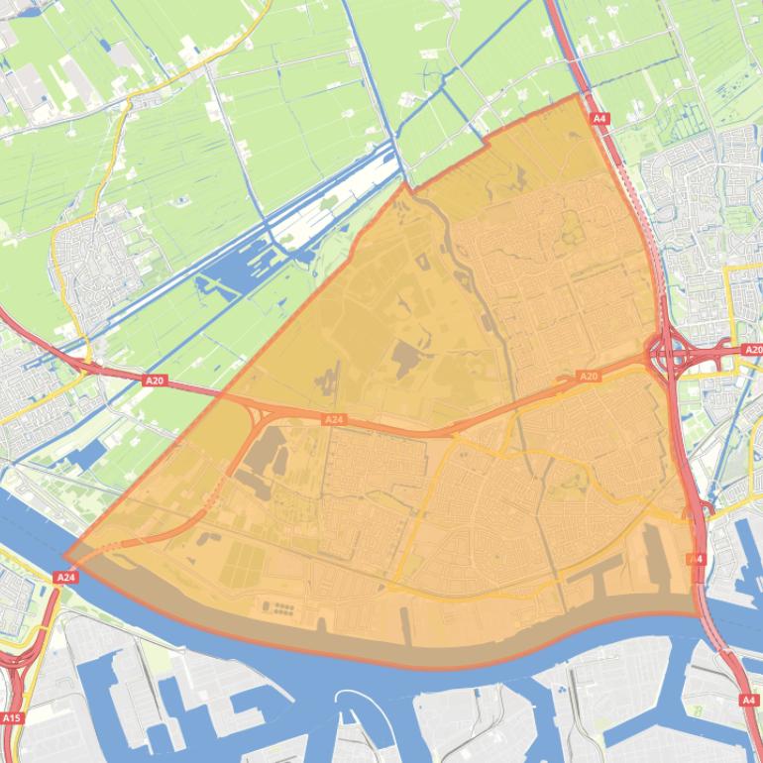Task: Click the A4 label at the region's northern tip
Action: click(599, 119)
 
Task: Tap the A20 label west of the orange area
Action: click(154, 380)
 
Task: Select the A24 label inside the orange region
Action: click(334, 420)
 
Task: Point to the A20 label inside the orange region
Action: click(589, 377)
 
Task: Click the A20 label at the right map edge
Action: click(752, 350)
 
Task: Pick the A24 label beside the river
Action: click(66, 577)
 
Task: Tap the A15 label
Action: click(11, 717)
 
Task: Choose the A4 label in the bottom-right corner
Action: click(749, 700)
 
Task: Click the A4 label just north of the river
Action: click(697, 559)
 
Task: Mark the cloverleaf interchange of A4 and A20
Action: click(671, 353)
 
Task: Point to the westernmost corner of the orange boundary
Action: click(64, 558)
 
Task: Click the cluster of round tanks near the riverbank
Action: click(280, 606)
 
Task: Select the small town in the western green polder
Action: click(89, 263)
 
